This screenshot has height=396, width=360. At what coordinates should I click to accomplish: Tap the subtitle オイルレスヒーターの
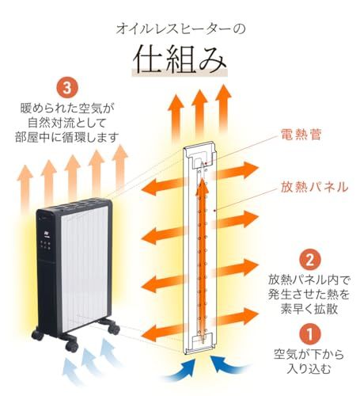(x=180, y=29)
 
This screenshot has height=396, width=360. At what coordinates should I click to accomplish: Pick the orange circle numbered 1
(x=311, y=333)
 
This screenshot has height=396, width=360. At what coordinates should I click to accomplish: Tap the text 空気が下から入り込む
(x=311, y=361)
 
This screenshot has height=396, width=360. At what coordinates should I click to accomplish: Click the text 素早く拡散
(x=312, y=308)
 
